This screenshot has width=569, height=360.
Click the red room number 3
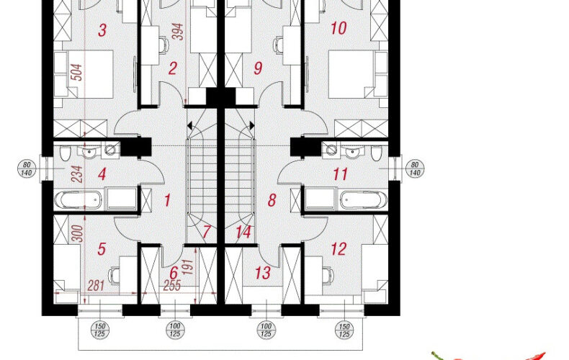102,30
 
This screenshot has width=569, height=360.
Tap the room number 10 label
339,28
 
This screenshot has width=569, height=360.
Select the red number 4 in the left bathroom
102,174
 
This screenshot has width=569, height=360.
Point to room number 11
340,174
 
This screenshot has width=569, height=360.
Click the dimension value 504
77,72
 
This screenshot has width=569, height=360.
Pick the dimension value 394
178,32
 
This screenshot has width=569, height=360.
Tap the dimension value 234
77,174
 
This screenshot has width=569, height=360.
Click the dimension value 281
97,286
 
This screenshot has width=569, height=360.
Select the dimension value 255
171,285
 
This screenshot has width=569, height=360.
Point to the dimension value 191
187,266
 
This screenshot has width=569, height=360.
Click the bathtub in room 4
78,200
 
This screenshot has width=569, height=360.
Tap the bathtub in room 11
364,200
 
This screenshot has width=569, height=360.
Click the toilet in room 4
66,153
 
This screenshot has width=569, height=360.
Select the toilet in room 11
377,153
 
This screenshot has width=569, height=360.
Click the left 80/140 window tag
27,168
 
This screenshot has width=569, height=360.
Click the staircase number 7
207,233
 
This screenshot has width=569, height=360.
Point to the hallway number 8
272,200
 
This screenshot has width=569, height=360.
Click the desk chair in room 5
114,276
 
